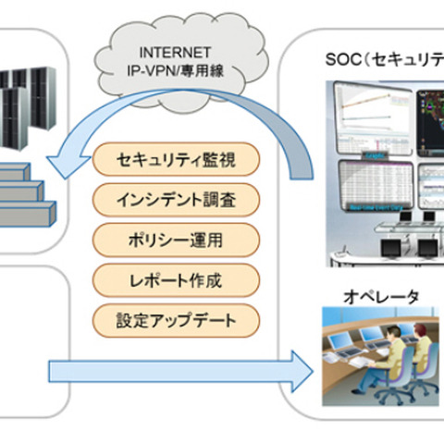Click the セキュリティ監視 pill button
coord(176,159)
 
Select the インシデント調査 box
coord(176,199)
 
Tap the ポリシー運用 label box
coord(176,239)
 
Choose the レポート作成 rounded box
coord(176,278)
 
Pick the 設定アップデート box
coord(176,319)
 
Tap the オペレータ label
coord(382,296)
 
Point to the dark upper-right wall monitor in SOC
coord(427,116)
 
